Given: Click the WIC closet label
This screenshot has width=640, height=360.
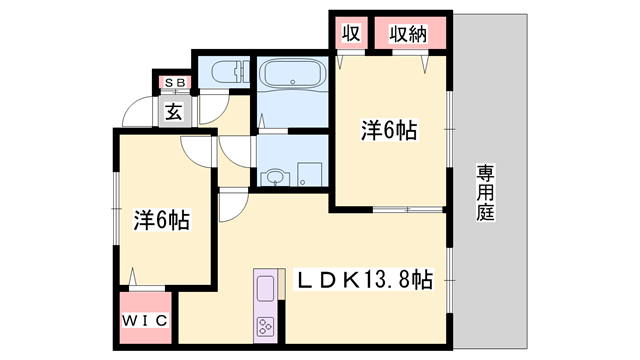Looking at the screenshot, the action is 145,321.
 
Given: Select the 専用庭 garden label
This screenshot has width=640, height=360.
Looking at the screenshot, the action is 485,192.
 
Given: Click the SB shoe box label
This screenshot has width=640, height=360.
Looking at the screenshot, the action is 175,83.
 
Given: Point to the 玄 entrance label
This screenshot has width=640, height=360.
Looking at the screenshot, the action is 174,111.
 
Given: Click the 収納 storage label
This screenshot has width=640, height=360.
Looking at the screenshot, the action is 408,34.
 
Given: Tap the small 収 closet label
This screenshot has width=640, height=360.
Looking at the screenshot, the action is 351,33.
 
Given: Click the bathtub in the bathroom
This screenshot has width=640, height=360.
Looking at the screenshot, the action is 293,73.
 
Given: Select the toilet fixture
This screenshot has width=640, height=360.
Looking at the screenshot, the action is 230,71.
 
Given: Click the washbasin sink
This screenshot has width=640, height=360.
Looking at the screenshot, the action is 276,178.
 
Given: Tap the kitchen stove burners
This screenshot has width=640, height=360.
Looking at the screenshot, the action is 265,327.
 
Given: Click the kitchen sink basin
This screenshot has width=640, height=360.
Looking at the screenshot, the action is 265,289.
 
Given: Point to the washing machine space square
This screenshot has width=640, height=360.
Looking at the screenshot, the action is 310,174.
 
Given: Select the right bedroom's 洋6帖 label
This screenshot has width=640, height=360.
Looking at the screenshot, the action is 389,131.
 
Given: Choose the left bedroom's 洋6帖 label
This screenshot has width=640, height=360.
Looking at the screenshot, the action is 161,220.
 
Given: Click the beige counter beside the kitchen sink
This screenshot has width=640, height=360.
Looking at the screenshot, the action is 281,284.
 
